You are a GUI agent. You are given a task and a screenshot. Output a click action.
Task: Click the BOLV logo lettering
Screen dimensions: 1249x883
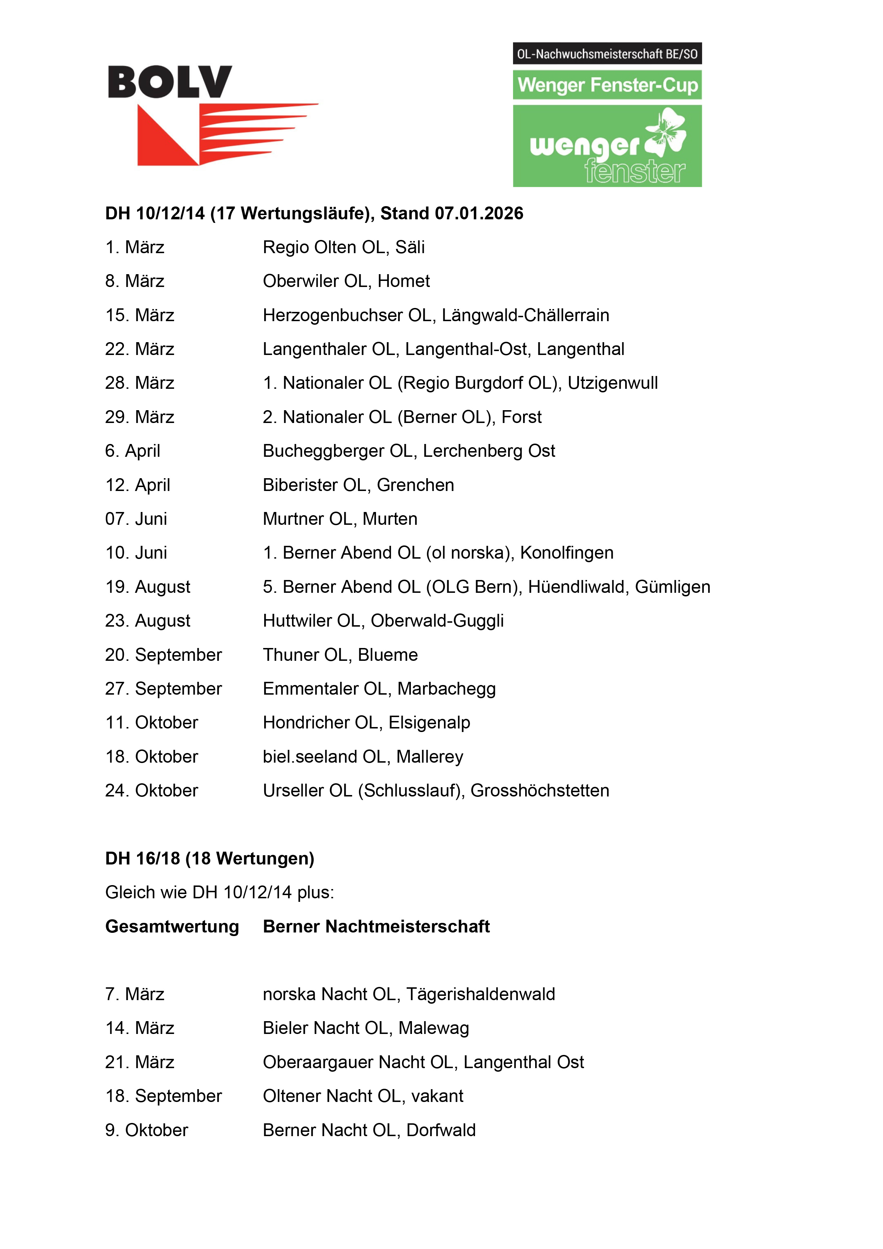170,82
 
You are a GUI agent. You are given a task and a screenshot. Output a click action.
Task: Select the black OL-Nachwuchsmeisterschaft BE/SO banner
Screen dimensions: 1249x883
607,54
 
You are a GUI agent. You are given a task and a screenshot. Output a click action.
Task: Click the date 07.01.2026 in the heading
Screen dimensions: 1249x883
479,213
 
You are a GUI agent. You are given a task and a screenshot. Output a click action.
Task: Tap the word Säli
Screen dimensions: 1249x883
410,247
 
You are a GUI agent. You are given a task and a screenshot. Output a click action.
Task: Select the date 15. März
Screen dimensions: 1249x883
140,315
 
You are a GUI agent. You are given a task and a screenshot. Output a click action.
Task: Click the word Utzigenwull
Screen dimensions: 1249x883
613,383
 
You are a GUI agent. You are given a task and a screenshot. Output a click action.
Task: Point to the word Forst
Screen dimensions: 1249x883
521,417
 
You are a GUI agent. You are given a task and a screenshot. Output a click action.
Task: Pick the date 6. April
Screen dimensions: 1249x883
133,451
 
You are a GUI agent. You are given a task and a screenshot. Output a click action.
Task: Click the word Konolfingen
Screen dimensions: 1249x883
566,553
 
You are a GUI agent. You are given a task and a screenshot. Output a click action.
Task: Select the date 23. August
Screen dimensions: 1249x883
148,621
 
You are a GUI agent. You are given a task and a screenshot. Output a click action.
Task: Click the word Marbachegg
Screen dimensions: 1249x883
447,689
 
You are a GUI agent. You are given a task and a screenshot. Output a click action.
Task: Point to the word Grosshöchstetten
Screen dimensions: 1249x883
540,790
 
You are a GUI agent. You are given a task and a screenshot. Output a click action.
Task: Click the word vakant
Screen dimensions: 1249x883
438,1096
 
